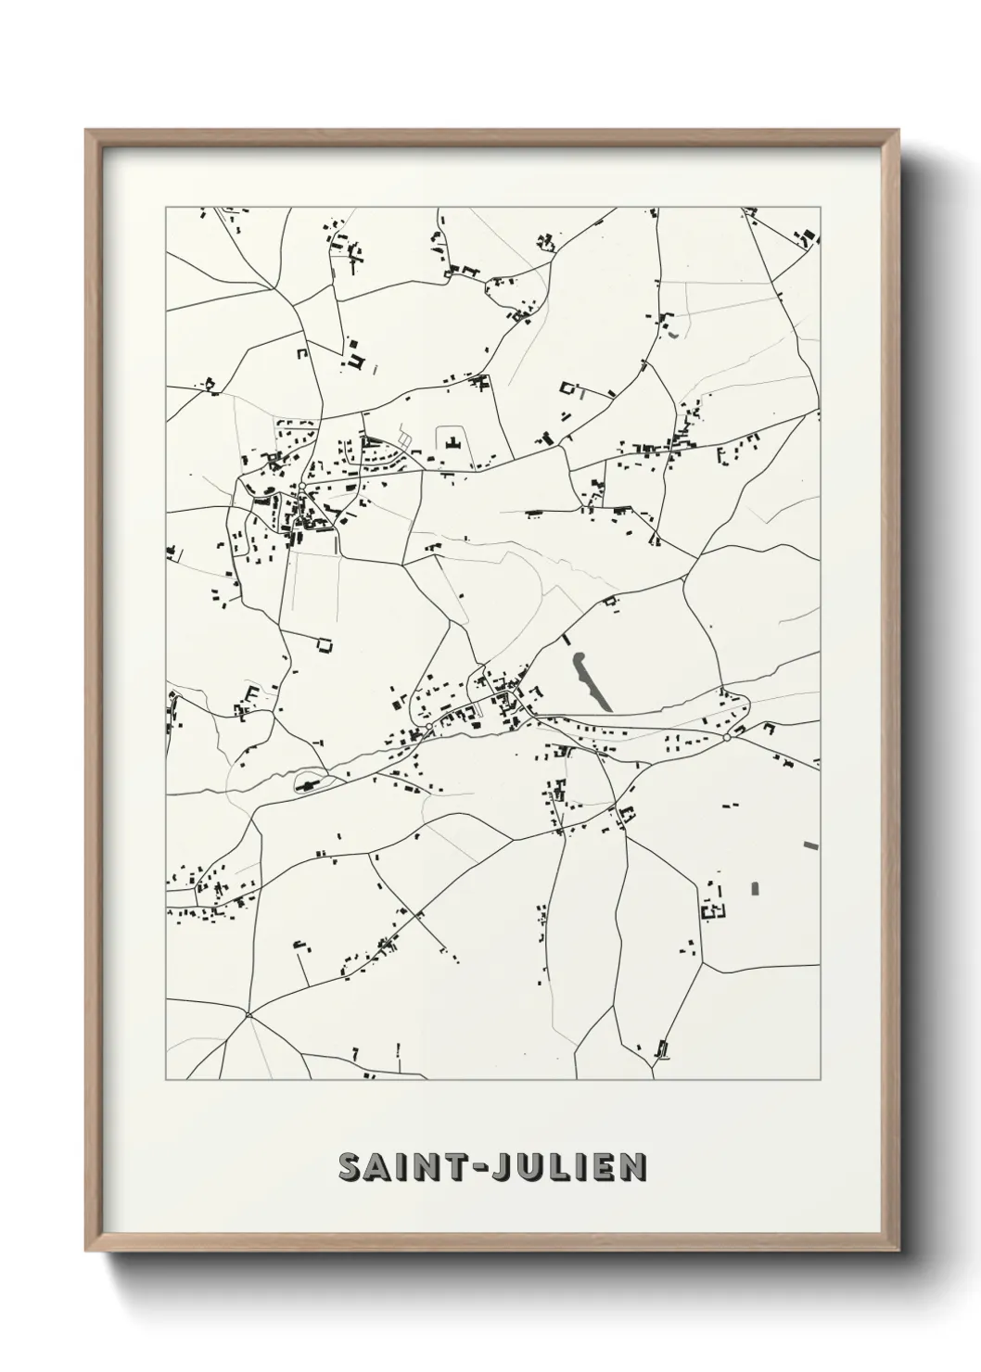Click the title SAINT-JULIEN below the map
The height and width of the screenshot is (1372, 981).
pyautogui.click(x=492, y=1167)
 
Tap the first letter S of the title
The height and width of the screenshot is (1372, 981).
pyautogui.click(x=350, y=1167)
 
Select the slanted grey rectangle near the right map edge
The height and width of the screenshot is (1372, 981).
pyautogui.click(x=812, y=845)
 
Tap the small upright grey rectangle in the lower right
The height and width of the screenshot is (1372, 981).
pyautogui.click(x=755, y=888)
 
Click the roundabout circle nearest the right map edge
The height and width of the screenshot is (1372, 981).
pyautogui.click(x=728, y=738)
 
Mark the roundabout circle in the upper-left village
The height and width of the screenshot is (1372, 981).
pyautogui.click(x=302, y=487)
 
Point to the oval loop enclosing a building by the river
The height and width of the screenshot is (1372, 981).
pyautogui.click(x=309, y=781)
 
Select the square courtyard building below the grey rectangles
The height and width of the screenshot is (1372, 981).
pyautogui.click(x=713, y=911)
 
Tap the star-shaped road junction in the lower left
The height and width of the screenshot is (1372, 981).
pyautogui.click(x=248, y=1015)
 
